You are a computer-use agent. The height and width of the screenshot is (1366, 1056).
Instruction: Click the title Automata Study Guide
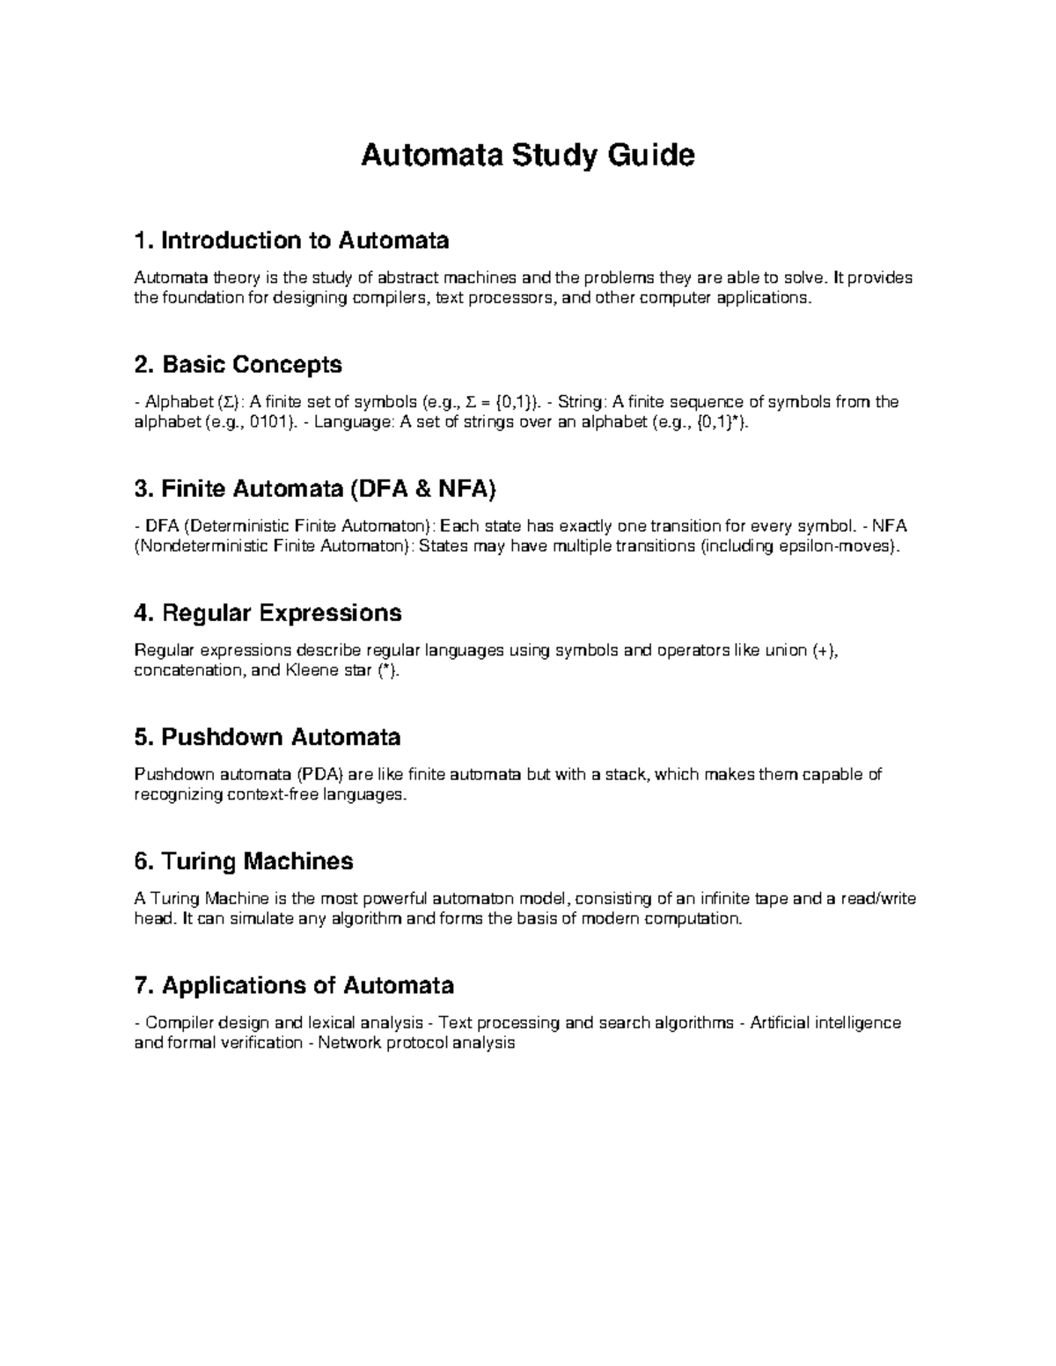point(528,156)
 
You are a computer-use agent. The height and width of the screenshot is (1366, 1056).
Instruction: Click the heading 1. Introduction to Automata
point(291,240)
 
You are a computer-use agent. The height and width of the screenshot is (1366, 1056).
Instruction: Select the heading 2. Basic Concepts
point(238,364)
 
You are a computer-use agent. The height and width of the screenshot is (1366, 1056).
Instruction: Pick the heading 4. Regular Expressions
point(268,612)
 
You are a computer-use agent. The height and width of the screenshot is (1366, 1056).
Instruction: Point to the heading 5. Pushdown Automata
point(267,736)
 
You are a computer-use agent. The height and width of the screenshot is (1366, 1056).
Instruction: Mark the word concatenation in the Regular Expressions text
point(183,670)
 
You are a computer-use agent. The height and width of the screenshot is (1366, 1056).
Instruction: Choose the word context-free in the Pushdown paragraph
point(265,794)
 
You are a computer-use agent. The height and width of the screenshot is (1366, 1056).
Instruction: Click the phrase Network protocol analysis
point(416,1042)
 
